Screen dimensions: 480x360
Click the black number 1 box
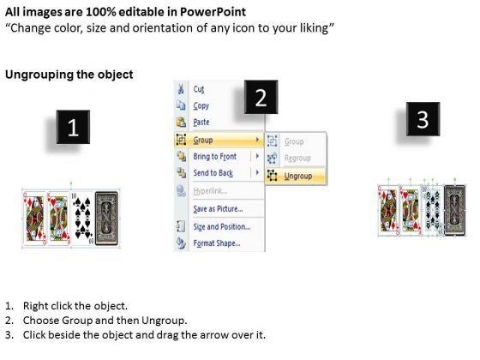pyautogui.click(x=73, y=127)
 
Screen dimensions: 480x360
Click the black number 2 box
pyautogui.click(x=261, y=97)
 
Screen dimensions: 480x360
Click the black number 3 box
pyautogui.click(x=423, y=119)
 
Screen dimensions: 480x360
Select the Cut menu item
pyautogui.click(x=199, y=89)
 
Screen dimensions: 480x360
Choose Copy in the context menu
pyautogui.click(x=201, y=106)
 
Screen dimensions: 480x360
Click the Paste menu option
pyautogui.click(x=201, y=122)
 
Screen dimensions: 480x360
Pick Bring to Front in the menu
pyautogui.click(x=215, y=156)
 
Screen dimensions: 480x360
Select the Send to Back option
pyautogui.click(x=213, y=173)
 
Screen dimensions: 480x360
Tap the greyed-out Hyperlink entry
pyautogui.click(x=210, y=191)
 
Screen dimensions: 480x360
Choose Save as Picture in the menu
pyautogui.click(x=218, y=209)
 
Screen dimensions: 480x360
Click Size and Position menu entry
pyautogui.click(x=222, y=227)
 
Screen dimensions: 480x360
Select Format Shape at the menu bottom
pyautogui.click(x=217, y=243)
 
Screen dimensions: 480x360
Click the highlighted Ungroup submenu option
pyautogui.click(x=298, y=176)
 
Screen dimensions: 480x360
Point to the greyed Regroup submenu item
pyautogui.click(x=297, y=159)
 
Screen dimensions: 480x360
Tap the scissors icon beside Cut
pyautogui.click(x=181, y=89)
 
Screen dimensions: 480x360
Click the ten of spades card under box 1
pyautogui.click(x=82, y=219)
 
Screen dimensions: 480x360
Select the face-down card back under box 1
pyautogui.click(x=106, y=219)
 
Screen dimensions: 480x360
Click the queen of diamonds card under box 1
pyautogui.click(x=35, y=219)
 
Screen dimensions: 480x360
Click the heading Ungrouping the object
pyautogui.click(x=69, y=75)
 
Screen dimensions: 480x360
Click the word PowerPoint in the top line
pyautogui.click(x=213, y=12)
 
